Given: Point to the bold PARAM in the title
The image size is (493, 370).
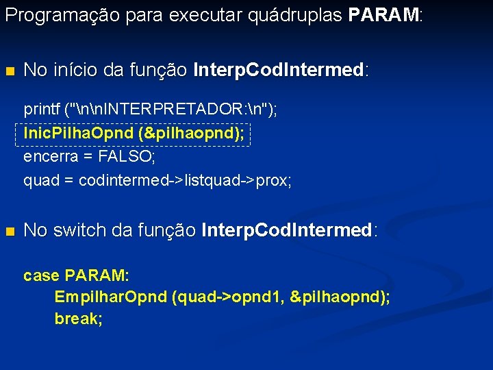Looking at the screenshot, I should [x=383, y=16].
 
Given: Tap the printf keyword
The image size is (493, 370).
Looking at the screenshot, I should [x=42, y=110].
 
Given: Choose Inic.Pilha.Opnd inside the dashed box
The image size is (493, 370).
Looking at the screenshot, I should [x=78, y=134].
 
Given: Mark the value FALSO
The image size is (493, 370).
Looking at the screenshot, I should [x=127, y=157].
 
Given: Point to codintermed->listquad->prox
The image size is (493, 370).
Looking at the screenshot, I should [x=185, y=181].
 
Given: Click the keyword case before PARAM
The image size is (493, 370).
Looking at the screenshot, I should [x=41, y=276].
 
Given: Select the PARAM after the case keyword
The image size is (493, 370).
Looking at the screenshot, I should [x=96, y=276].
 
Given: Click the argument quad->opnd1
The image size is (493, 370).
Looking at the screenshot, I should [x=229, y=297].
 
